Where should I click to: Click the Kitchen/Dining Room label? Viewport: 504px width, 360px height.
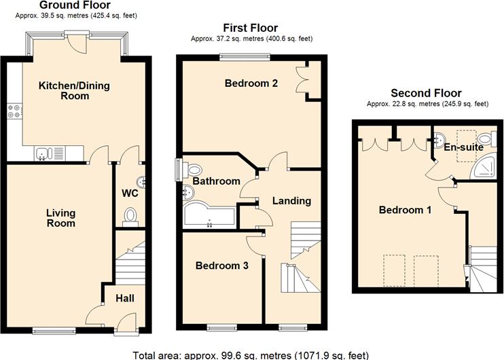[74, 91]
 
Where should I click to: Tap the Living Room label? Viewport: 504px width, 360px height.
[60, 218]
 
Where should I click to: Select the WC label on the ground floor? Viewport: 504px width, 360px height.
[130, 194]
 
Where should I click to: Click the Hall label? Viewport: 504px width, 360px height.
[124, 298]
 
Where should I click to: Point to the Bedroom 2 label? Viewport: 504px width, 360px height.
[251, 84]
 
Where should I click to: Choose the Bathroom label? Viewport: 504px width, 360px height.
[216, 181]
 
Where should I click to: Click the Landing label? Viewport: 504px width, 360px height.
[291, 201]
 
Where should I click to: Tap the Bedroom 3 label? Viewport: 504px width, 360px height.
[221, 266]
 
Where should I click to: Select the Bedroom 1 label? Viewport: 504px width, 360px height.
[405, 210]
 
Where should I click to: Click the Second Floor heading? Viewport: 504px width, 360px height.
[426, 93]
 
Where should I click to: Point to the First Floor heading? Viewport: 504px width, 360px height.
[251, 28]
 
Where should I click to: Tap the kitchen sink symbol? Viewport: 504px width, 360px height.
[42, 154]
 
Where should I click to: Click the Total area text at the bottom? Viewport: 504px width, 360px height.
[251, 353]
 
